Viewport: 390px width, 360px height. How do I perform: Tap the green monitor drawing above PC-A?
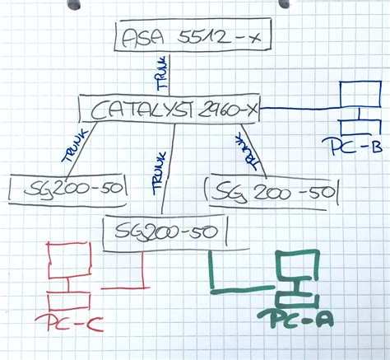click(299, 267)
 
